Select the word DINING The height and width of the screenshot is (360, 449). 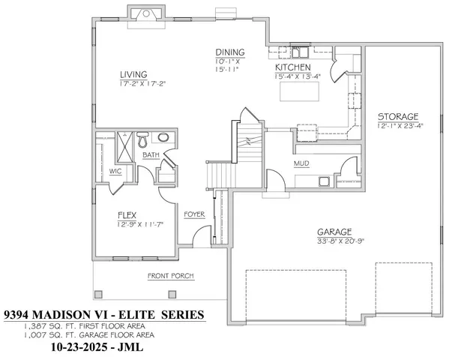click(x=227, y=52)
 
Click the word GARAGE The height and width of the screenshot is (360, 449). click(x=334, y=232)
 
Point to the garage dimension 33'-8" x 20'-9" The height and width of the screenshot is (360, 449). click(x=340, y=241)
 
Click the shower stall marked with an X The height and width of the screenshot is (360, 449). click(x=121, y=140)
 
